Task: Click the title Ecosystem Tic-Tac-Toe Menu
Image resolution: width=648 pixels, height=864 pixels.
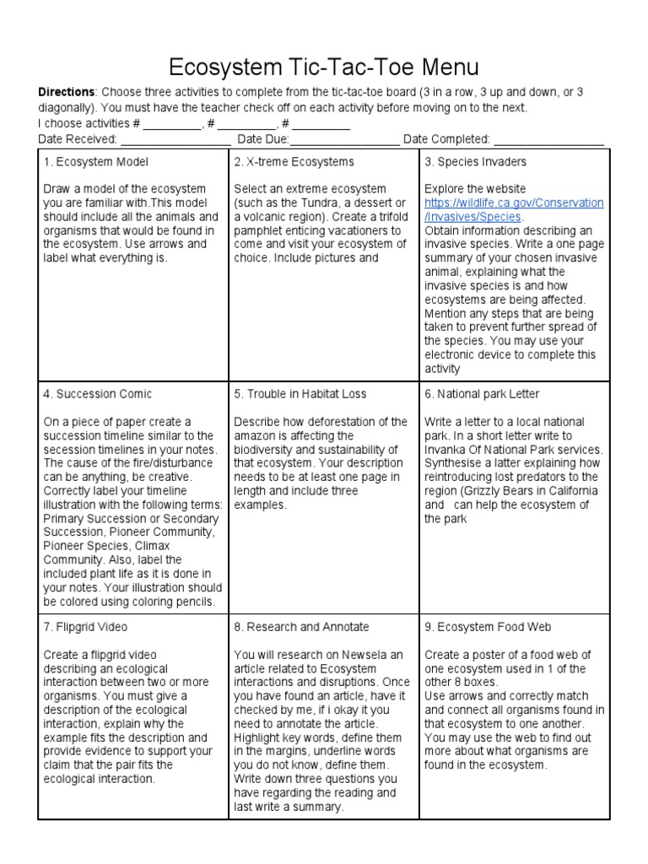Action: [324, 67]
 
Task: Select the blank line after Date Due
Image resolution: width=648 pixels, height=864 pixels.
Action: [345, 140]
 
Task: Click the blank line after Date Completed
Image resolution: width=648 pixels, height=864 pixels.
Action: [548, 140]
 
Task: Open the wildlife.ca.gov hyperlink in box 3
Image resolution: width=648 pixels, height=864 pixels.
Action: [513, 210]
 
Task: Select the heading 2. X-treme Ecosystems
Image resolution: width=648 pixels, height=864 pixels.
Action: [294, 162]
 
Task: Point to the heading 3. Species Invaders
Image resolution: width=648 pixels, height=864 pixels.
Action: [475, 162]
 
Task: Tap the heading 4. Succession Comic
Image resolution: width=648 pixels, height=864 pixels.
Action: [98, 394]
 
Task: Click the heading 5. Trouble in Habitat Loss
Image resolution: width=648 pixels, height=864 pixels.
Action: [300, 394]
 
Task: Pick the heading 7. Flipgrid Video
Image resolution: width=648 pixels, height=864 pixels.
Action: [88, 628]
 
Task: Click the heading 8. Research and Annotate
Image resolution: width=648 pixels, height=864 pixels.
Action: [301, 628]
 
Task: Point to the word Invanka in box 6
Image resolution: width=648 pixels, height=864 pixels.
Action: [445, 449]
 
